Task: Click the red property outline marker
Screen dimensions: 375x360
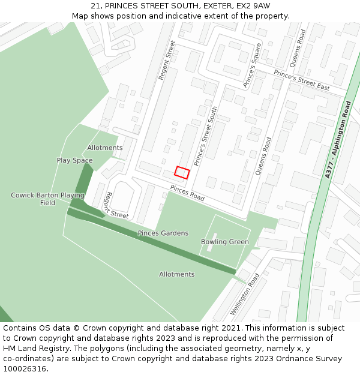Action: [182, 173]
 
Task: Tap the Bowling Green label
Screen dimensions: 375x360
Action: [225, 242]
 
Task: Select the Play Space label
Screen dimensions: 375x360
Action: [75, 160]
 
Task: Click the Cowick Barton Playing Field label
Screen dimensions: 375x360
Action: [47, 199]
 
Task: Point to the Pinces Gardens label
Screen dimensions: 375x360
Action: [163, 233]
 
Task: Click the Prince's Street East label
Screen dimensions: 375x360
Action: [302, 80]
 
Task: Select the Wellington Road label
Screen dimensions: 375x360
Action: [245, 294]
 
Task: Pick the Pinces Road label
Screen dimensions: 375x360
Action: [187, 193]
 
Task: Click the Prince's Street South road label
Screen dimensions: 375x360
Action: [206, 136]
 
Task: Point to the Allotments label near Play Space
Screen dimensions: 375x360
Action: [105, 148]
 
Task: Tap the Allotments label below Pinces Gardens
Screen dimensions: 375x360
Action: [177, 274]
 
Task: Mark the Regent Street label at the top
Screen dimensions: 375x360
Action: [166, 60]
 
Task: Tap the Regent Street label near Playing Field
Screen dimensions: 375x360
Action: [116, 206]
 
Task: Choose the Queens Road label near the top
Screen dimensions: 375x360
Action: [298, 48]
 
